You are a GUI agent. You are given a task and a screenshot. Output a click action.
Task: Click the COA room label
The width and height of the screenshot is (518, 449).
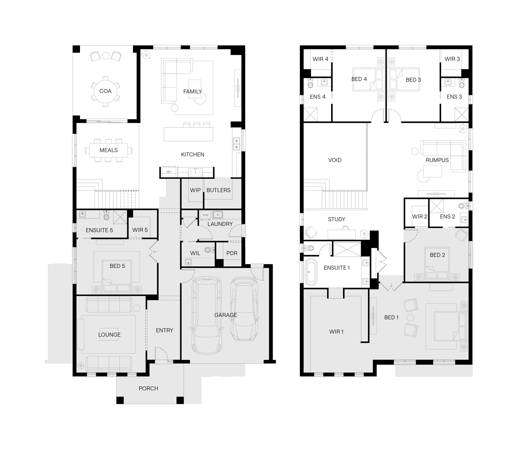point(105,91)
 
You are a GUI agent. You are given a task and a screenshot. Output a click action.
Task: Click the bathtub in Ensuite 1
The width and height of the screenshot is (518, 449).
point(311,272)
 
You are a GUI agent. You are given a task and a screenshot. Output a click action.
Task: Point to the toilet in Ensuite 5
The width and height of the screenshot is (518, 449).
point(106,215)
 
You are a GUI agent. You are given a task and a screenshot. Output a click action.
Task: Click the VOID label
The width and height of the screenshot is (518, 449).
point(335,160)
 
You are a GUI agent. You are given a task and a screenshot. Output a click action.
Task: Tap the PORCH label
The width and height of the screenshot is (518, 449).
point(148,388)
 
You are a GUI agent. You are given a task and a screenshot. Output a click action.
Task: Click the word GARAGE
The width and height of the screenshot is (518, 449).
point(226,315)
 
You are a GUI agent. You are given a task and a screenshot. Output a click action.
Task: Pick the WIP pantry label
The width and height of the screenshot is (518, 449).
point(195,190)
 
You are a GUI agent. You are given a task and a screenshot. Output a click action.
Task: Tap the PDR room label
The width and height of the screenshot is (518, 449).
point(232,253)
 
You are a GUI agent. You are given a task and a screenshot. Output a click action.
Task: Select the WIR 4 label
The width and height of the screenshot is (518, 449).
point(320,59)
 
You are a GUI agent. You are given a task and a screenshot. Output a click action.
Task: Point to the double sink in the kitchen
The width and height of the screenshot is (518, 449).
point(236,144)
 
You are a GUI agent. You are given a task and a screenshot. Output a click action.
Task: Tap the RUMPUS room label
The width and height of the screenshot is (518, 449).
point(437,160)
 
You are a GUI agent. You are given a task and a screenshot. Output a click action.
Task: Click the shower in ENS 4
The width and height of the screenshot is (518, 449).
point(311,115)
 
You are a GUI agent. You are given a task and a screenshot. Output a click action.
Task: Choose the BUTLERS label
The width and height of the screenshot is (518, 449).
point(218,190)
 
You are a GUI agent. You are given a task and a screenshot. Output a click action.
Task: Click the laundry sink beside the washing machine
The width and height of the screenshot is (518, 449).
point(218,215)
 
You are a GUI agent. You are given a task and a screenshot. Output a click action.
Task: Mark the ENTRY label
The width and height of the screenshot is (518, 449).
point(164,330)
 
